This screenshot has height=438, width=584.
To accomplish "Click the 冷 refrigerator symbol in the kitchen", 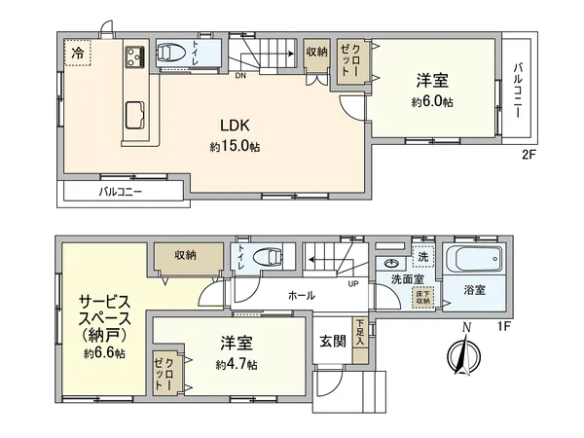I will coord(76,54).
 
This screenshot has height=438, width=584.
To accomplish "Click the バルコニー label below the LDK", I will coord(121,192).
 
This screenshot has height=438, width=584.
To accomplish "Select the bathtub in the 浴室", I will coord(472,262).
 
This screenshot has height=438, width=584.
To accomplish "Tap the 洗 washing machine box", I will coord(421,259).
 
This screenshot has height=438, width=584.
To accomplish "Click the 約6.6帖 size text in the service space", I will coord(103,353).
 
